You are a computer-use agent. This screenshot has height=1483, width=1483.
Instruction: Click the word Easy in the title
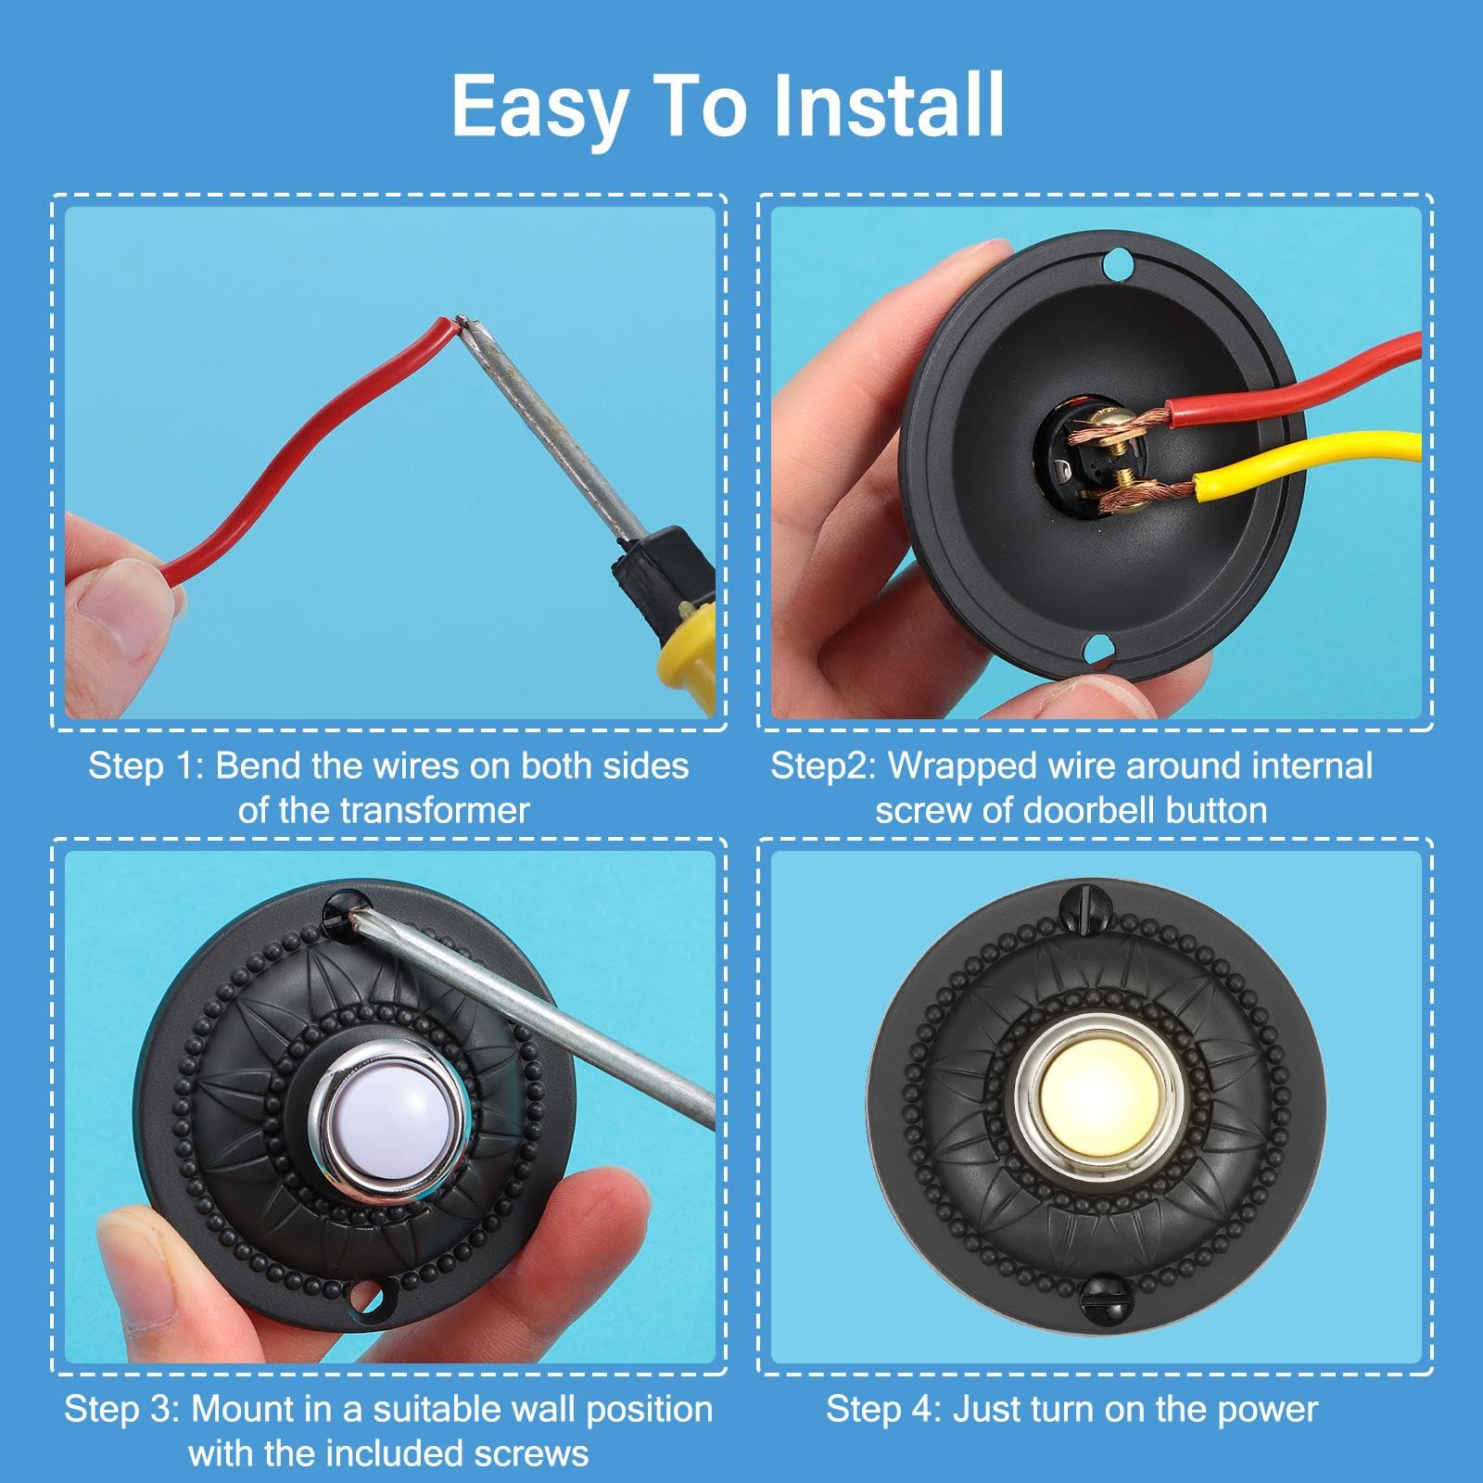pos(539,109)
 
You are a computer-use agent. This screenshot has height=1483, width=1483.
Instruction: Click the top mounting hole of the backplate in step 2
pos(1120,266)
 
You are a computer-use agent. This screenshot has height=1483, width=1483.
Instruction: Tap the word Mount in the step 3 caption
pos(244,1410)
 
